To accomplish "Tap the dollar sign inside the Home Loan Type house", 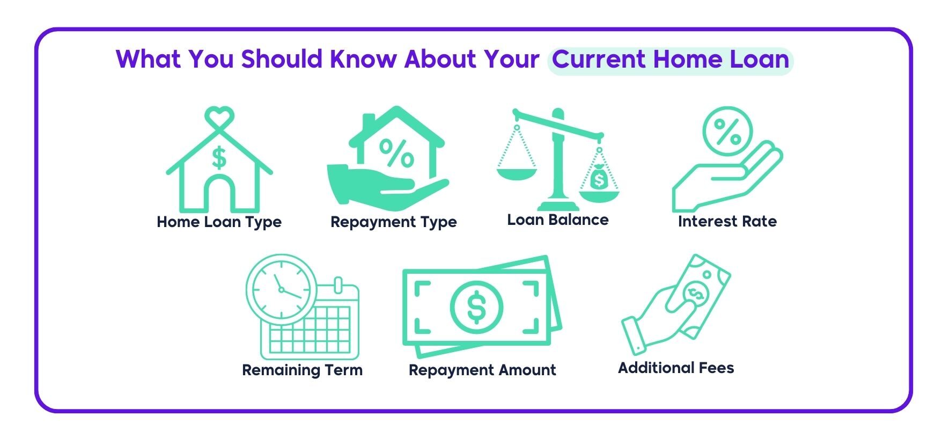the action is [219, 158].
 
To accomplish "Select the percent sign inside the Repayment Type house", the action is [396, 154].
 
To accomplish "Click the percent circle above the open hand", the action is [727, 132].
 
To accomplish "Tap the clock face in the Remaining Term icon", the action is [282, 289].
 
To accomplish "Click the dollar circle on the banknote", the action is [476, 307].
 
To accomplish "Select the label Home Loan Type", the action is [219, 222].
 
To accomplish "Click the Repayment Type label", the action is [394, 222].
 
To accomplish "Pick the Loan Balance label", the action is [558, 220].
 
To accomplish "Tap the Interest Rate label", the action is [727, 222].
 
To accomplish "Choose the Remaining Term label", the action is [303, 370].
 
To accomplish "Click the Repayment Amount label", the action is [482, 370].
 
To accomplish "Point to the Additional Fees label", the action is [676, 368].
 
